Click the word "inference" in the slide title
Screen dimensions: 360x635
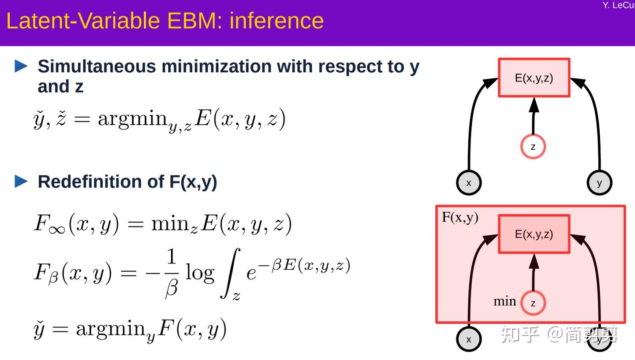[276, 21]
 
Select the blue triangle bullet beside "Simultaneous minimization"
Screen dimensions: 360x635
[21, 67]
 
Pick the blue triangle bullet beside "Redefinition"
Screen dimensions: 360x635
[21, 181]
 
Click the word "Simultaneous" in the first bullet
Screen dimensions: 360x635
[97, 67]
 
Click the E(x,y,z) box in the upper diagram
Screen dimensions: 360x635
[534, 78]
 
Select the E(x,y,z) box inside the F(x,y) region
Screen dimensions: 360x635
[534, 234]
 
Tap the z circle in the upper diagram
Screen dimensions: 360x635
[533, 147]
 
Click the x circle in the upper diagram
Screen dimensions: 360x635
[468, 182]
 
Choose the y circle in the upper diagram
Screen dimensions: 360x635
[599, 182]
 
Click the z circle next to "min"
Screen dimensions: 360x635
[533, 303]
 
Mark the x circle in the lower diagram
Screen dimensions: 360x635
[468, 339]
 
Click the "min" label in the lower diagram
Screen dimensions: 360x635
[504, 301]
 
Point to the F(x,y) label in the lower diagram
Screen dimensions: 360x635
[460, 217]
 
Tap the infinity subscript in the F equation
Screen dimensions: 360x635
[57, 230]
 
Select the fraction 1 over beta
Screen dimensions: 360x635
[171, 273]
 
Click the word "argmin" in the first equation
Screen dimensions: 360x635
[133, 119]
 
